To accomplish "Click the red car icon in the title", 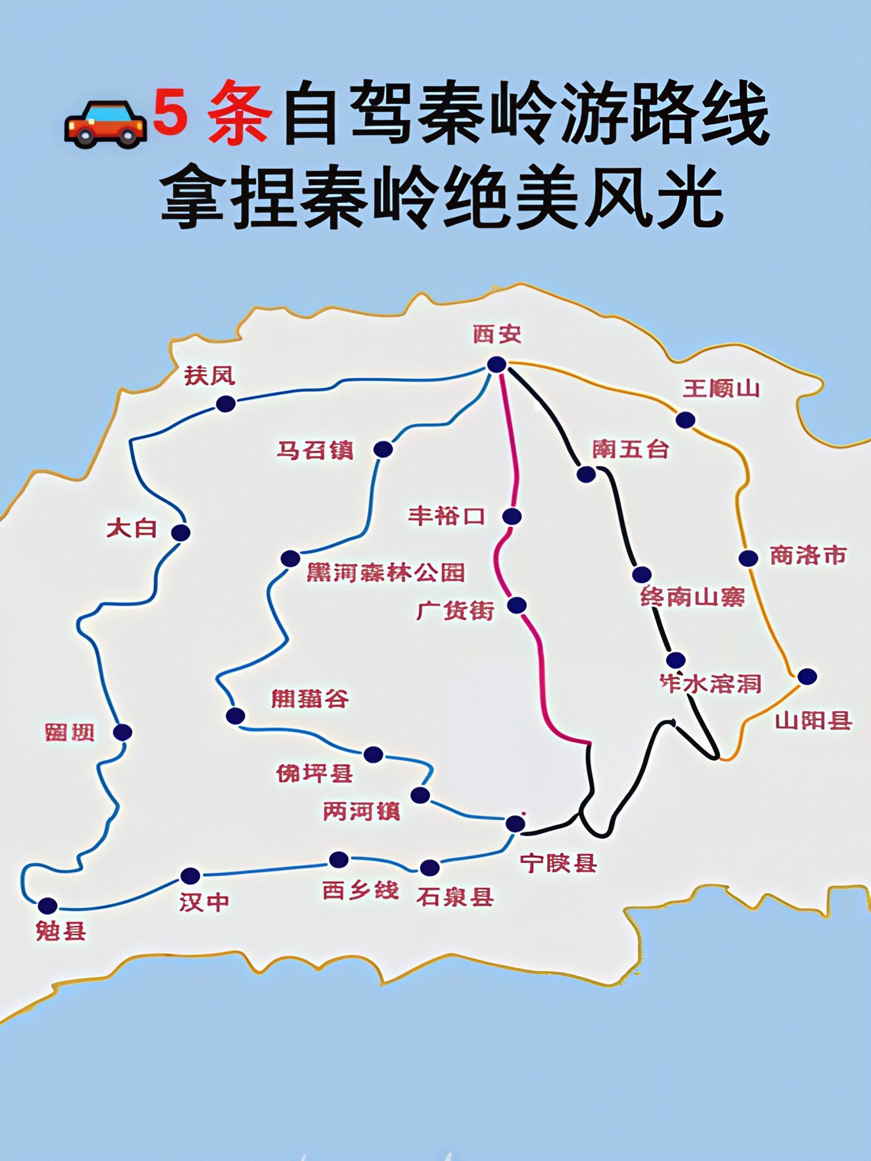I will [105, 122].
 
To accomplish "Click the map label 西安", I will [497, 334].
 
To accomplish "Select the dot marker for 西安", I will [497, 365].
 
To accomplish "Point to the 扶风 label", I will [209, 376].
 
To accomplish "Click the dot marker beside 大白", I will [181, 533].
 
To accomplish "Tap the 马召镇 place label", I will [315, 451].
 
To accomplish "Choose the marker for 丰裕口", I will [511, 516].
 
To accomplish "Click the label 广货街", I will [455, 611].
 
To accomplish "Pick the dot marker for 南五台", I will [586, 474].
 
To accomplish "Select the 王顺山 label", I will [721, 389].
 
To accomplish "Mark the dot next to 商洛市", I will [748, 558].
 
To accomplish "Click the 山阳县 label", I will [814, 721].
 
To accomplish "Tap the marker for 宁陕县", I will [515, 824].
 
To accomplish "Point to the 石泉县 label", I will [455, 896].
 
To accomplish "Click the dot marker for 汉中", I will [191, 876].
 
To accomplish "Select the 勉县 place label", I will [61, 931].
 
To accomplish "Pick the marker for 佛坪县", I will [373, 755].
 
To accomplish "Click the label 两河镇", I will [362, 811].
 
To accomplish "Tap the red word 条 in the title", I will [238, 113].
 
